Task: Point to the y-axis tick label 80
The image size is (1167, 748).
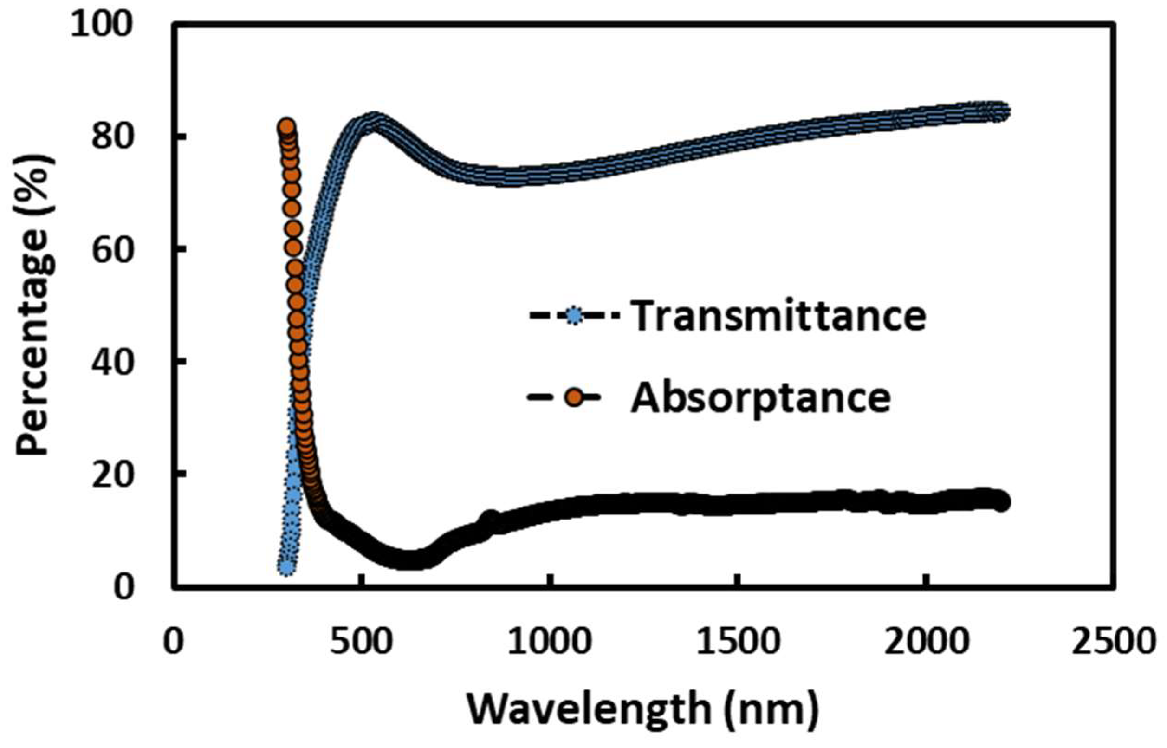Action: (115, 137)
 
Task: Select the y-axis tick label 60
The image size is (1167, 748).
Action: (115, 249)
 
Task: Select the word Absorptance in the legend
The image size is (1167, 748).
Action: (760, 398)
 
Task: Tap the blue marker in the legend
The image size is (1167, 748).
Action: (574, 317)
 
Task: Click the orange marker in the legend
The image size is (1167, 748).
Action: (575, 398)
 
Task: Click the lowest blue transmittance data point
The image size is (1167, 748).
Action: (287, 566)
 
